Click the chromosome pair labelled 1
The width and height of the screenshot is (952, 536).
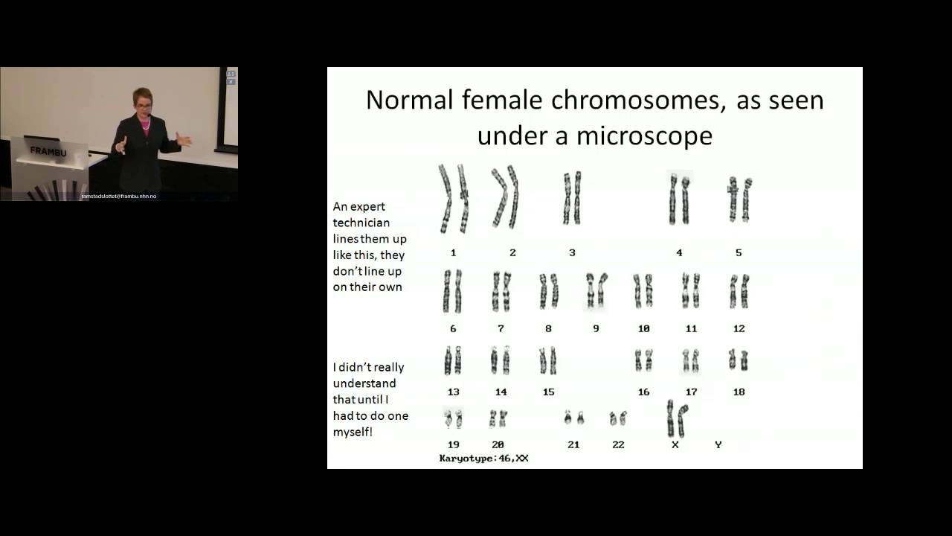(454, 199)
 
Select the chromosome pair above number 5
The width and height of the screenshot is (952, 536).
(739, 199)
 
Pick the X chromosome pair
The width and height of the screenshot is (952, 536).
(676, 418)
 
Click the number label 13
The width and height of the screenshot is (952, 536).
(453, 392)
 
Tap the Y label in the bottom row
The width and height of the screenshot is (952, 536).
(718, 444)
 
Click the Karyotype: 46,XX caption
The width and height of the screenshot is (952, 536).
(483, 459)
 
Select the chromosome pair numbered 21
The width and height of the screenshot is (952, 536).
(573, 418)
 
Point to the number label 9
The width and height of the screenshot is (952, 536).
(596, 328)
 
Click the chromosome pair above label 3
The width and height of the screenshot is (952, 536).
(571, 198)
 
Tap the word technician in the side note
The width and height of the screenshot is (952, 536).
(361, 223)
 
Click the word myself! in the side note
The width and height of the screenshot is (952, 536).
(353, 431)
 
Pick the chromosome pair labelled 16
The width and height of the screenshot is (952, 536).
(643, 361)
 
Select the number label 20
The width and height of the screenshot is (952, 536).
(498, 444)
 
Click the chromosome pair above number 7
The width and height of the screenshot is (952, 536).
(501, 291)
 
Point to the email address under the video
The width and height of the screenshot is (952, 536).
(119, 196)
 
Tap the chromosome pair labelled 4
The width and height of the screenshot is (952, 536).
(679, 200)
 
